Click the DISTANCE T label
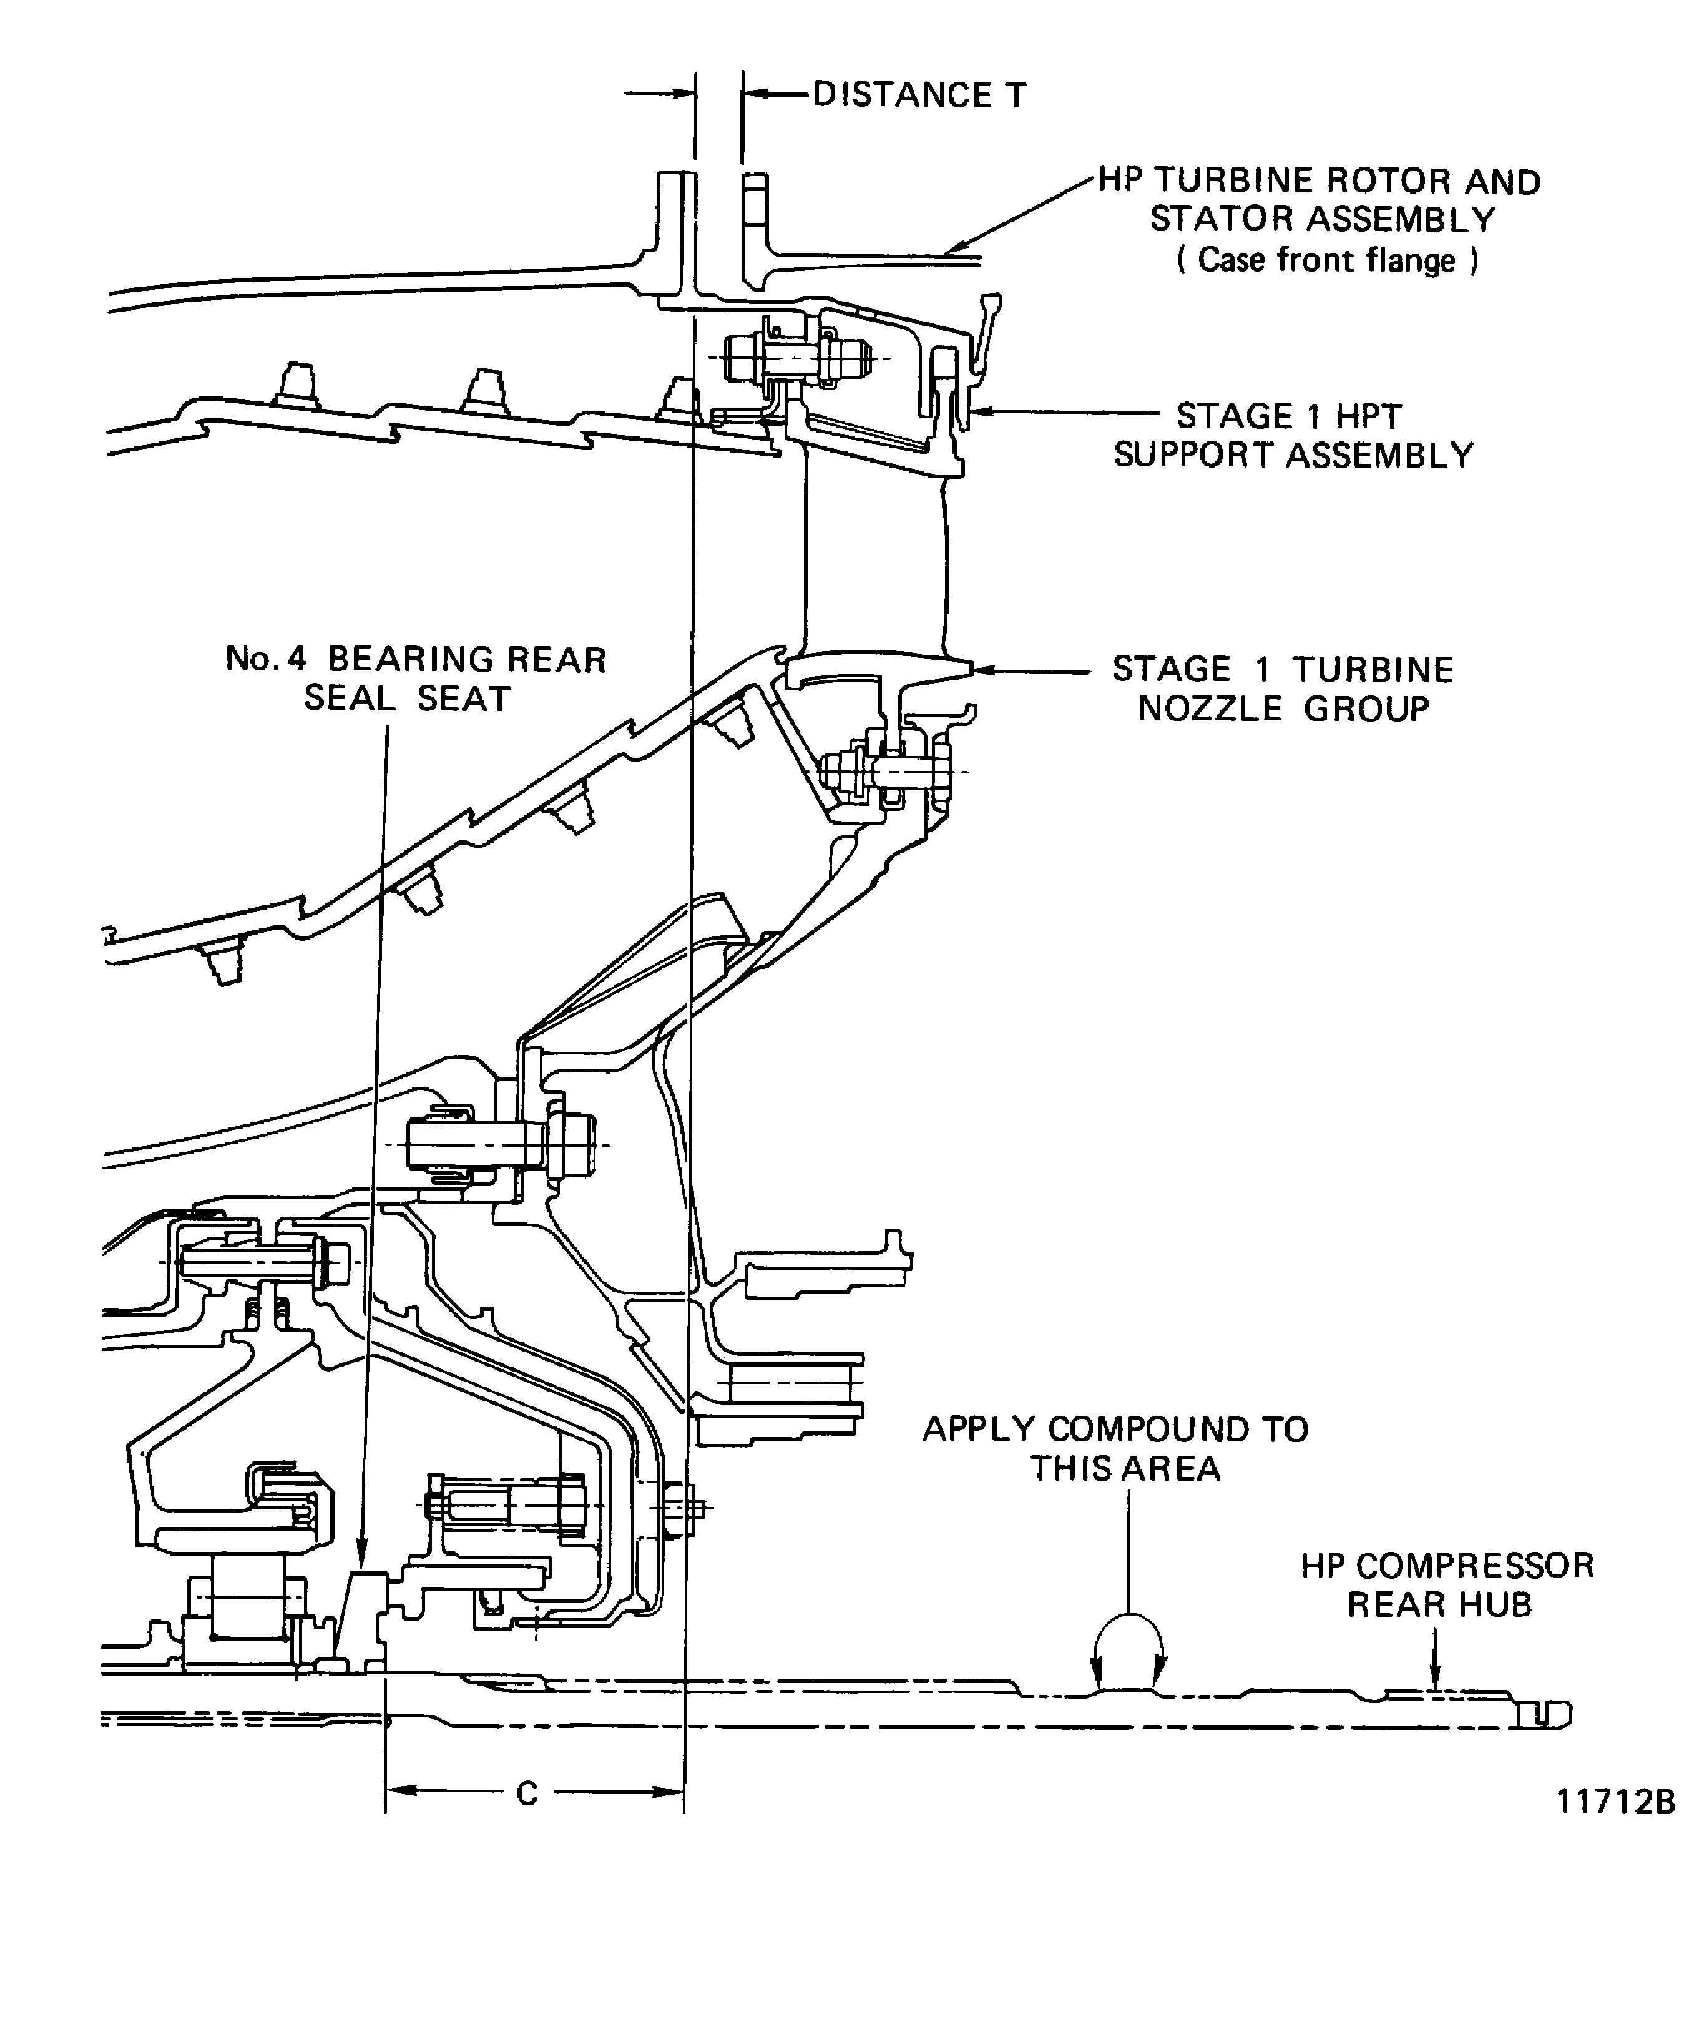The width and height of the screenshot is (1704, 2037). click(918, 95)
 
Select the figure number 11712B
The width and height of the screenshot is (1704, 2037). click(1615, 1801)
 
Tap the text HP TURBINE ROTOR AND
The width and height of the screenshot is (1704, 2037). click(1319, 182)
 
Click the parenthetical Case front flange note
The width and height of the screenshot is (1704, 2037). click(1327, 260)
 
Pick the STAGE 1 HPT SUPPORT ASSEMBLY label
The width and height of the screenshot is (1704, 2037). click(1292, 436)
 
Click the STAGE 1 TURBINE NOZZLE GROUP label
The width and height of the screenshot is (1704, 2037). click(1282, 689)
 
